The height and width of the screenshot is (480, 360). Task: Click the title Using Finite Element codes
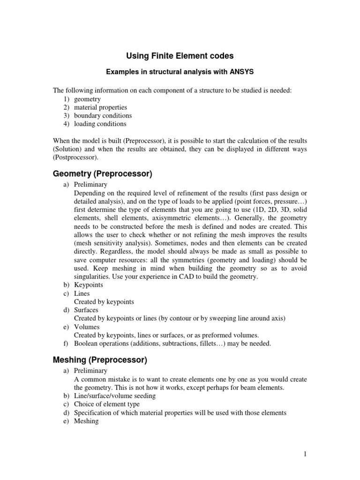pyautogui.click(x=180, y=56)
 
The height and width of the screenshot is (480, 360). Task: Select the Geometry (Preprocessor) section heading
pyautogui.click(x=102, y=174)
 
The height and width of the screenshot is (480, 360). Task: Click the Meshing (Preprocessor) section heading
pyautogui.click(x=100, y=360)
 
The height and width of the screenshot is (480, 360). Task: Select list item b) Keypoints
pyautogui.click(x=89, y=285)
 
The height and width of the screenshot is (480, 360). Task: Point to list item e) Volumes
pyautogui.click(x=86, y=327)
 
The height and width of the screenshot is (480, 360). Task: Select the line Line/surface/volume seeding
pyautogui.click(x=115, y=396)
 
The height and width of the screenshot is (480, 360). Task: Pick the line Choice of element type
pyautogui.click(x=107, y=404)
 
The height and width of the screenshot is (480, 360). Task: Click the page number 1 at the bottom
pyautogui.click(x=304, y=454)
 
